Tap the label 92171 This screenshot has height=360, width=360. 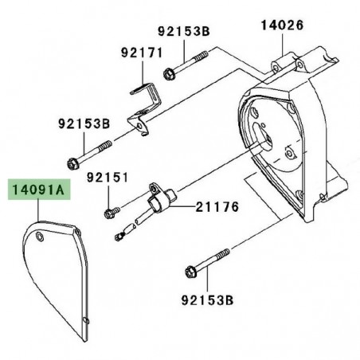tap(141, 53)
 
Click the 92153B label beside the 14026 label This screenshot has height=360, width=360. tap(183, 33)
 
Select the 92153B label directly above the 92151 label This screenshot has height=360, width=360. tap(83, 124)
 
